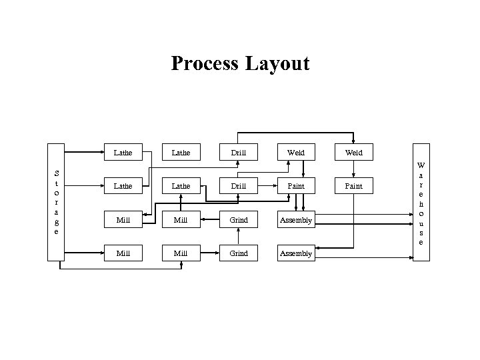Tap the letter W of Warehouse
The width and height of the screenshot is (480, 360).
coord(420,165)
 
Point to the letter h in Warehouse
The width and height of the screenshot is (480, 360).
coord(420,203)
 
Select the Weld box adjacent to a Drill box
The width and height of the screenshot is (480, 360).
coord(296,153)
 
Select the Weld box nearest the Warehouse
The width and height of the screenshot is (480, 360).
coord(353,153)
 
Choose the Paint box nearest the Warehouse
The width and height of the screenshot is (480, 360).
coord(353,186)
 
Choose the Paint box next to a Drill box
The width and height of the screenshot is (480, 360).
coord(296,186)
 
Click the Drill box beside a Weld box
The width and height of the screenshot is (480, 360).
coord(239,153)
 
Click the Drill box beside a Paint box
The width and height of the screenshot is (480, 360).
coord(239,186)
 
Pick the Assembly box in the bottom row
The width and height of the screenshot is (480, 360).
coord(296,253)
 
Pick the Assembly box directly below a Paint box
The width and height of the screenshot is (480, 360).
coord(296,220)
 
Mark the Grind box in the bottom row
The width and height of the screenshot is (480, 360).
coord(239,253)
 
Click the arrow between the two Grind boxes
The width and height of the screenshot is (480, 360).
coord(239,237)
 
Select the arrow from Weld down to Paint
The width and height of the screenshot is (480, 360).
coord(353,169)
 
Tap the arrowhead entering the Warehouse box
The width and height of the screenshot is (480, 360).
coord(409,213)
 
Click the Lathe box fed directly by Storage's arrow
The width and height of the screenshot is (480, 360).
coord(123,153)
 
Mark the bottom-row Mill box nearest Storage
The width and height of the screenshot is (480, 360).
coord(123,253)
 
